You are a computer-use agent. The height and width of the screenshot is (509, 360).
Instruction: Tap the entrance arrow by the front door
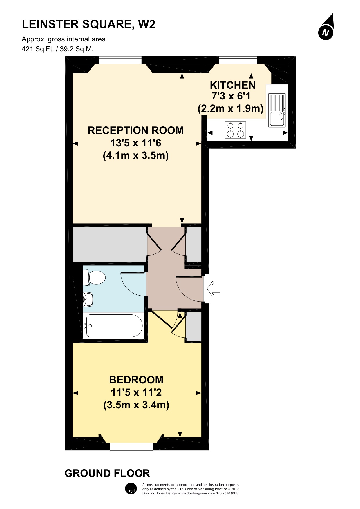pos(214,289)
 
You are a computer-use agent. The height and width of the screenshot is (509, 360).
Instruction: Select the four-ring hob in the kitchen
pos(236,130)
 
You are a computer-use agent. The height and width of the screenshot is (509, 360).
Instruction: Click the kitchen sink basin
pos(277,118)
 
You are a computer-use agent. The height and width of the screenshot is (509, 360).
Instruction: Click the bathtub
pos(114,326)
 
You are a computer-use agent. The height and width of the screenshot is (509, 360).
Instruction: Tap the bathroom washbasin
pos(88,299)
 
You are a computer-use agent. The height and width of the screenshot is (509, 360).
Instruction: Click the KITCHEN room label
pos(233,85)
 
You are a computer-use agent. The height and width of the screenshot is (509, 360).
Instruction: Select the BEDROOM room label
pos(136,380)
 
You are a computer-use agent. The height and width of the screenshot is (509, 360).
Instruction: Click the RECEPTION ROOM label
pos(136,131)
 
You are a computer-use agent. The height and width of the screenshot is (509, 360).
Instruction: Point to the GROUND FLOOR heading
pos(107,473)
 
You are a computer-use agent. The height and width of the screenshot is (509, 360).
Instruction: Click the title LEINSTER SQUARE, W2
pos(89,24)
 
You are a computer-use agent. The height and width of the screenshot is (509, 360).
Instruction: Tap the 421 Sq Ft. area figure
pos(38,49)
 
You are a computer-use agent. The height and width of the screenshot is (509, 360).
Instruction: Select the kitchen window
pos(238,60)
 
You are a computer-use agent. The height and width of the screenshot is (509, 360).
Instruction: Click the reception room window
pos(120,60)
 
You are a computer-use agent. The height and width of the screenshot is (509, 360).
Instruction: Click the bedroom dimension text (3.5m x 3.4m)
pos(136,405)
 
